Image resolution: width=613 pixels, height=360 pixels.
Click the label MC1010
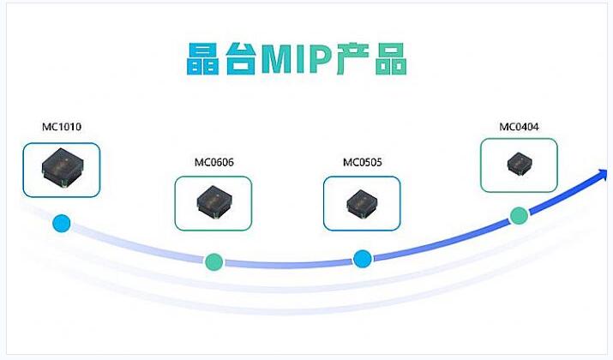click(62, 128)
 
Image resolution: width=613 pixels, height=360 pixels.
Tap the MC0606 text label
click(213, 162)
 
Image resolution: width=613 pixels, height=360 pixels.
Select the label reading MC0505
click(362, 162)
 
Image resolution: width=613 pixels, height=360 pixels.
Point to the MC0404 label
click(519, 128)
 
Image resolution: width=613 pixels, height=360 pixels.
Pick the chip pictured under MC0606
click(213, 202)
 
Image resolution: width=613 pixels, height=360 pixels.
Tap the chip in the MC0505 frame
click(361, 202)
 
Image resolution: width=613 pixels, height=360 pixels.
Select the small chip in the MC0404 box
click(518, 164)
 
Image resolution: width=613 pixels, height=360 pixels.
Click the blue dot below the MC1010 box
click(62, 224)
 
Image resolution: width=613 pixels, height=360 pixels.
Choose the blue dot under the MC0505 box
click(362, 258)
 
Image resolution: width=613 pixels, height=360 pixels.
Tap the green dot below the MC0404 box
click(518, 215)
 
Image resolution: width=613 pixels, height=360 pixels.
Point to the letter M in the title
click(280, 59)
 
